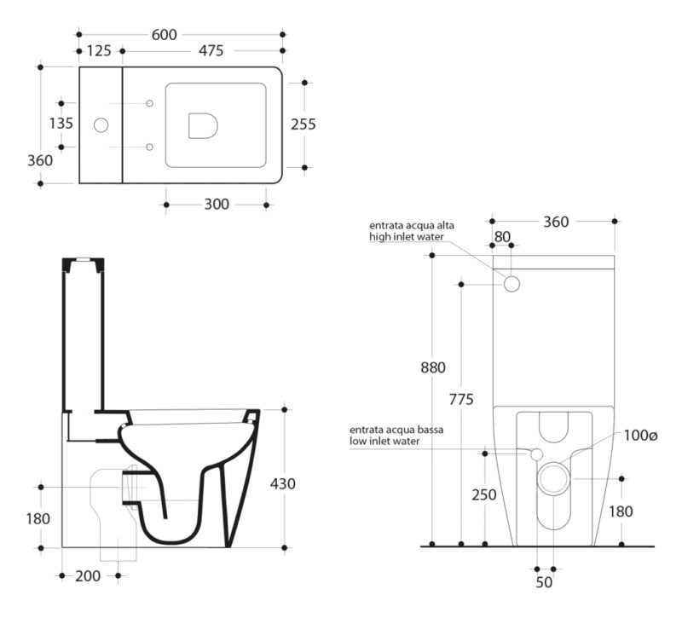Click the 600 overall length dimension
click(x=164, y=35)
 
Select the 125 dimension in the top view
click(x=99, y=51)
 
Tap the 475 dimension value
click(x=211, y=51)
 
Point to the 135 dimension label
click(x=61, y=124)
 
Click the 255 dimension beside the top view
click(x=303, y=124)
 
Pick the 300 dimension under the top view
click(x=217, y=205)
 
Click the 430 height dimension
click(x=283, y=483)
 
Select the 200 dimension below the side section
click(x=88, y=576)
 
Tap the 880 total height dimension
click(x=433, y=368)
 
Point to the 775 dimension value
click(x=461, y=399)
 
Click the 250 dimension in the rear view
click(x=484, y=494)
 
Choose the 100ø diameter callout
click(x=641, y=436)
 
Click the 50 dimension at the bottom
click(x=544, y=583)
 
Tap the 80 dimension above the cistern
click(x=502, y=237)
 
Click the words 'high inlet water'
click(x=407, y=237)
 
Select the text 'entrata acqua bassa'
click(x=396, y=430)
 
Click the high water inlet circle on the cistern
click(x=512, y=284)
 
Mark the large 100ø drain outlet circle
click(x=553, y=478)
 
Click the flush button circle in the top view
click(x=101, y=125)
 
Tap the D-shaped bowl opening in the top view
click(x=203, y=126)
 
